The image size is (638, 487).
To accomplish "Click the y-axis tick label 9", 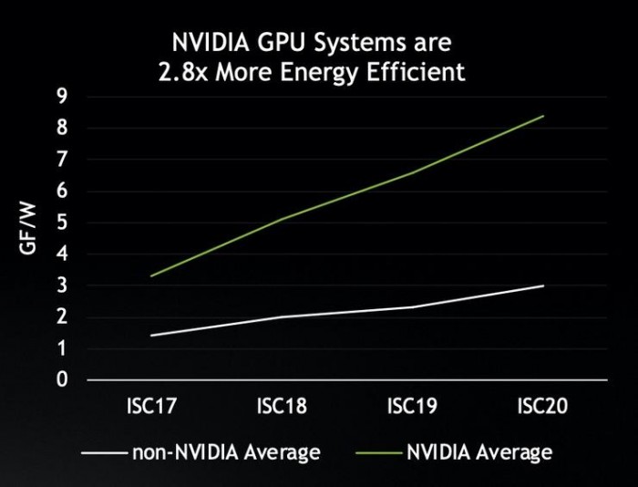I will tap(61, 95).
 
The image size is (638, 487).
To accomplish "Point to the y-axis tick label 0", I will tap(61, 380).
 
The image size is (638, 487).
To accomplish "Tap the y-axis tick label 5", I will tap(61, 222).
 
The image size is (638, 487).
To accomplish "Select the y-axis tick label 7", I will tap(61, 159).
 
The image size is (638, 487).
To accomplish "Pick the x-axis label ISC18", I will tap(282, 407).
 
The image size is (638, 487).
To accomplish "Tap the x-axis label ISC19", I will tap(413, 407).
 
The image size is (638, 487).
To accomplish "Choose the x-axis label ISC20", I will tap(544, 407).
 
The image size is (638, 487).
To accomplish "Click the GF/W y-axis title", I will tap(28, 236).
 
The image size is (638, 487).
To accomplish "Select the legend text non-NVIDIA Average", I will tap(226, 451).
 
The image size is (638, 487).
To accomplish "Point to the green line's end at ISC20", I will tap(544, 116).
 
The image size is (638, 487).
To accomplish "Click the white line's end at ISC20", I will tap(544, 285).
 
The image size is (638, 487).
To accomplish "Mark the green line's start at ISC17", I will tap(150, 275).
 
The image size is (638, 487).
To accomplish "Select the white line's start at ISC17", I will tap(150, 336).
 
